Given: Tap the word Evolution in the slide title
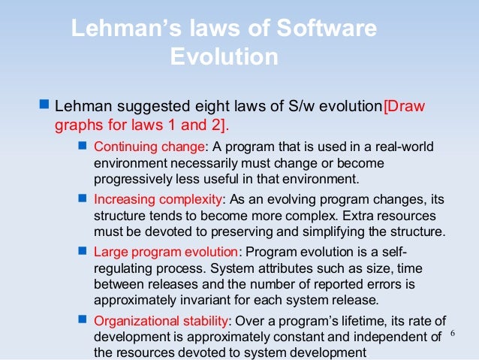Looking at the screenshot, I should tap(224, 57).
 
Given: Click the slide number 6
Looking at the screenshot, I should tap(453, 333).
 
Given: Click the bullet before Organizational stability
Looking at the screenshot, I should tap(83, 319).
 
